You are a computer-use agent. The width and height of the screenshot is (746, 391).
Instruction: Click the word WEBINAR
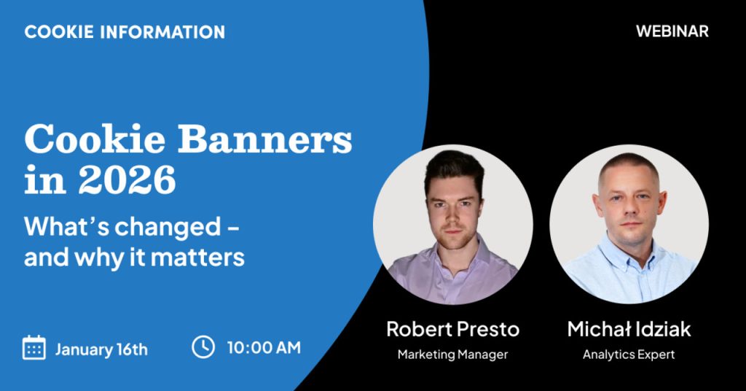[x=672, y=31]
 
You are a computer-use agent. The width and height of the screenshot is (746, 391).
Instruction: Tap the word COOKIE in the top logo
[x=59, y=32]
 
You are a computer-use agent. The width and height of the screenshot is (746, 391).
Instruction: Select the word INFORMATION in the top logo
[x=162, y=32]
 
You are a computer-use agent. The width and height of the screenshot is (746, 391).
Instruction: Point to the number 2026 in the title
[x=127, y=180]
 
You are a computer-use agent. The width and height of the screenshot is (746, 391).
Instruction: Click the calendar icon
[x=34, y=348]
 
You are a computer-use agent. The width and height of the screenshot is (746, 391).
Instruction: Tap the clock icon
[x=203, y=347]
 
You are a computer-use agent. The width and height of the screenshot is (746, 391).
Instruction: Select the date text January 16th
[x=101, y=349]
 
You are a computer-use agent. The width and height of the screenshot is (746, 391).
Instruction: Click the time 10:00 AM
[x=264, y=348]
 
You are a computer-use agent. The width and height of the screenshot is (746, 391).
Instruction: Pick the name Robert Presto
[x=452, y=329]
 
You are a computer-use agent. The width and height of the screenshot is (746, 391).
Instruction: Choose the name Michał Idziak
[x=629, y=329]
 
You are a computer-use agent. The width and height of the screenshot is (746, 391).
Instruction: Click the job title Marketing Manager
[x=452, y=355]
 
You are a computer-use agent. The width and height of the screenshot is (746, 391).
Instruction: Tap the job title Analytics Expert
[x=629, y=355]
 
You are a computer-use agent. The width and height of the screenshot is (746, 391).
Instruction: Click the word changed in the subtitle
[x=168, y=226]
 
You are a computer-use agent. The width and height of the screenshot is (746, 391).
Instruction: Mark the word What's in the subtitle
[x=66, y=226]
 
